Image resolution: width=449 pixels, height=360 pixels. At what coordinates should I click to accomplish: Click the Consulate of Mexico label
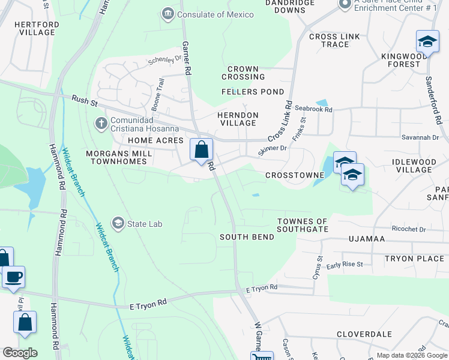tap(206, 14)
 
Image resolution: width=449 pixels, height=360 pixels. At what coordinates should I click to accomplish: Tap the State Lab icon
tap(118, 224)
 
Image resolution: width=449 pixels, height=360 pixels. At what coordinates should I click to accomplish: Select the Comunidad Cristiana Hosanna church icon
tap(101, 123)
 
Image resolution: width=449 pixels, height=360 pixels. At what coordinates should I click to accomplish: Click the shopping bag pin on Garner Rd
tap(202, 149)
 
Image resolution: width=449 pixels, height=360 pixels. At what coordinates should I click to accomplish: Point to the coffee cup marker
tap(13, 277)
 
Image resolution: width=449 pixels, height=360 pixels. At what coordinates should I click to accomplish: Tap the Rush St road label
tap(84, 100)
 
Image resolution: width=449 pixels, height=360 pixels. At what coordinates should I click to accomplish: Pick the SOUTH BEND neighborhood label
tap(247, 237)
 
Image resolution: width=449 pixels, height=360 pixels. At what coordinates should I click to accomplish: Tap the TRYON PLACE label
tap(414, 259)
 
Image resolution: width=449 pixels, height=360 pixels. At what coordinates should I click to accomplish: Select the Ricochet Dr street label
tap(408, 229)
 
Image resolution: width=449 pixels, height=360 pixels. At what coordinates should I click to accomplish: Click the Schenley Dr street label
tap(164, 60)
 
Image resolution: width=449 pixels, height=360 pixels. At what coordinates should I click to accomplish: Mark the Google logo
tap(20, 353)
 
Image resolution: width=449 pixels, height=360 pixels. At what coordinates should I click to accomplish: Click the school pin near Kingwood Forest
tap(427, 41)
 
